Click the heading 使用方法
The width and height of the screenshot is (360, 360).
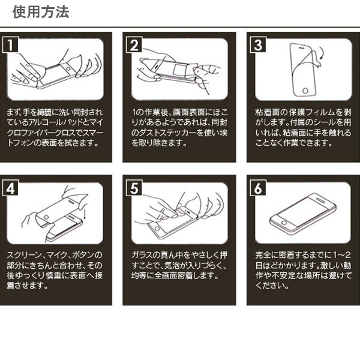tap(41, 12)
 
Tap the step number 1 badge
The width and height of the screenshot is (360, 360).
tap(10, 44)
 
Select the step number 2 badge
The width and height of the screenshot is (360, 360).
tap(134, 44)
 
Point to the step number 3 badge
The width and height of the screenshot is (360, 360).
tap(258, 44)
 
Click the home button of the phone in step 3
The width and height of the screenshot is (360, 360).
tap(305, 90)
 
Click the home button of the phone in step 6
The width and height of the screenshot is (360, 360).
tap(284, 223)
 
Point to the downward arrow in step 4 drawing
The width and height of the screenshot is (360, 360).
tap(85, 214)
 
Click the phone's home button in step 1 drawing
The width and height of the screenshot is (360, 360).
tap(68, 68)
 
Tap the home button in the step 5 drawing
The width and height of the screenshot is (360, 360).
tap(157, 228)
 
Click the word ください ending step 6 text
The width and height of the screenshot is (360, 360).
tap(269, 286)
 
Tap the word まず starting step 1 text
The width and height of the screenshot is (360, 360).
tap(11, 112)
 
